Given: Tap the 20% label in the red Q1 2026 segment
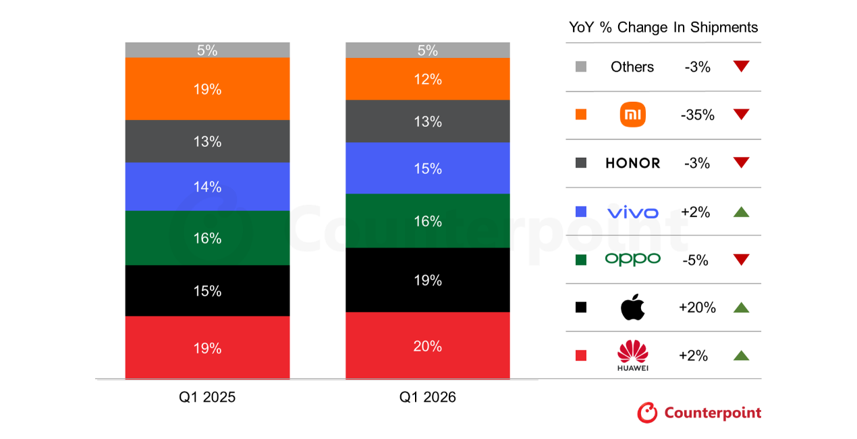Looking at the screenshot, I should (x=428, y=346).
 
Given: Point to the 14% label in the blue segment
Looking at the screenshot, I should (x=207, y=187).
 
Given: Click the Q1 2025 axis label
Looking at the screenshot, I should (x=207, y=397).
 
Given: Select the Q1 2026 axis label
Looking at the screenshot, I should (x=428, y=397).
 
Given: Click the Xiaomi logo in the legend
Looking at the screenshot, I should (x=632, y=115).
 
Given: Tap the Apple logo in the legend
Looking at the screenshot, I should (x=632, y=308).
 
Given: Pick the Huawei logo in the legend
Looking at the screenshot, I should (x=632, y=355).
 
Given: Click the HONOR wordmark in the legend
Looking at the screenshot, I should (x=632, y=163).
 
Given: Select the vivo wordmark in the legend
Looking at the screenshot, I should (x=632, y=212).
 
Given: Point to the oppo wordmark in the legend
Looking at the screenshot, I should (x=632, y=259).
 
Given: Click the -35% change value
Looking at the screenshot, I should (x=697, y=115).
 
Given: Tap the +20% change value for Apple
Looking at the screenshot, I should (x=697, y=308).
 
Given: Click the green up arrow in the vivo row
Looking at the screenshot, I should (x=741, y=212).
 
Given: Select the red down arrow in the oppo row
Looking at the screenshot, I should (x=741, y=260).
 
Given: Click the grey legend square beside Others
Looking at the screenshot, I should (x=581, y=67).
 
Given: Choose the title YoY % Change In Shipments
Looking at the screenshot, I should (x=663, y=28).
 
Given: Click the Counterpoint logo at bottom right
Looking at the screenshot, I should (x=699, y=413).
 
